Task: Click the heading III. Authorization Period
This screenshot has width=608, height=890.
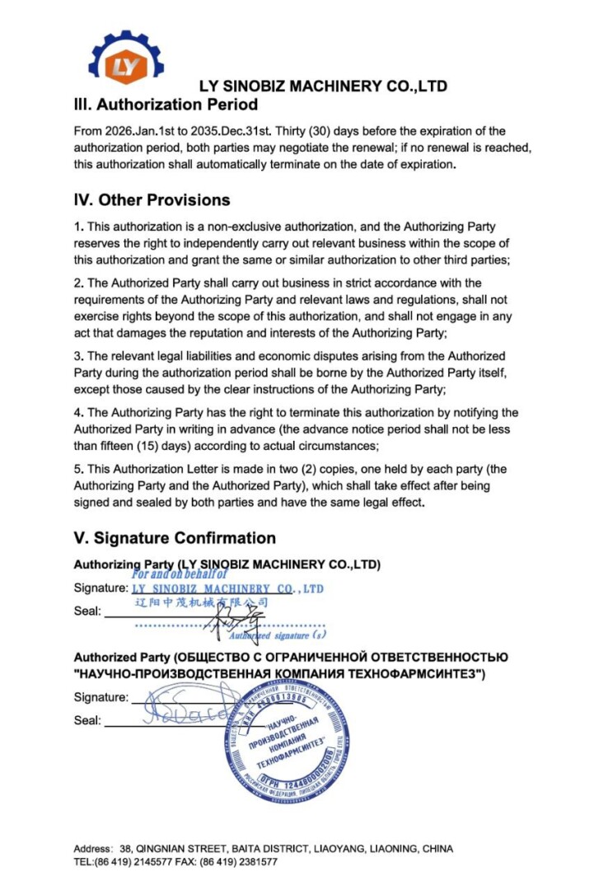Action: pyautogui.click(x=166, y=105)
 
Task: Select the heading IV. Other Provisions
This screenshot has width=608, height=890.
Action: pyautogui.click(x=152, y=200)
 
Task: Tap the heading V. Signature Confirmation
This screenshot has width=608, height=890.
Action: pyautogui.click(x=175, y=538)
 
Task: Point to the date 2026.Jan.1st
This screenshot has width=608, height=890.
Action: pyautogui.click(x=141, y=131)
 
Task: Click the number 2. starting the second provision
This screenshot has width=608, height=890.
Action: pyautogui.click(x=79, y=283)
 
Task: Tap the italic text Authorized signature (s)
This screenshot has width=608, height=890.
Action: pyautogui.click(x=278, y=635)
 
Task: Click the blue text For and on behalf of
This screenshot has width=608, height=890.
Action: pyautogui.click(x=179, y=574)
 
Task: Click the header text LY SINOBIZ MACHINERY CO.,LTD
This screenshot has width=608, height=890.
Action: pyautogui.click(x=323, y=87)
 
